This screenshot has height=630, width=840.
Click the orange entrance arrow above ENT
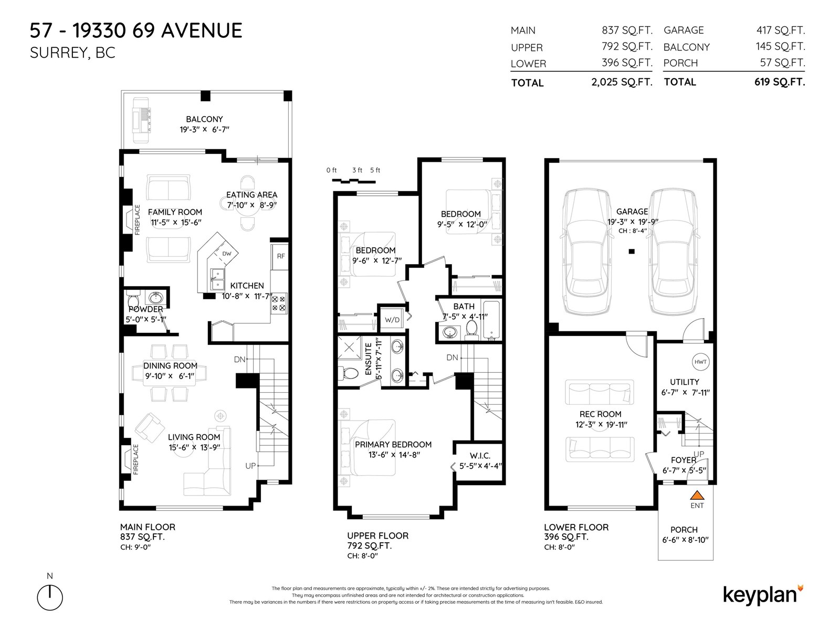(697, 495)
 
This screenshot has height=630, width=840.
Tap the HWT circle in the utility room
(700, 362)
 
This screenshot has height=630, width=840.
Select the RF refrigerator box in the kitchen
(281, 256)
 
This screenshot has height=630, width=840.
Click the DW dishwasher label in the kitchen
(227, 254)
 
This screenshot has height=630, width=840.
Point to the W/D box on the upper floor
(392, 319)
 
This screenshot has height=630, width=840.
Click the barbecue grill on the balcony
(142, 120)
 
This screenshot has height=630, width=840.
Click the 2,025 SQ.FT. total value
(622, 82)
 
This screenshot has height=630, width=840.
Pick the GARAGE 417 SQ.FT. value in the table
(780, 30)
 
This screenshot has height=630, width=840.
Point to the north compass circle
(50, 597)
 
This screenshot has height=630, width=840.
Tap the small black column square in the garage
(632, 251)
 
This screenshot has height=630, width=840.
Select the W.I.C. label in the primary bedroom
(480, 456)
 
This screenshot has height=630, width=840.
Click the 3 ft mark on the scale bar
(357, 170)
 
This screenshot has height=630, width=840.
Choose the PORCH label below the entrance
(684, 530)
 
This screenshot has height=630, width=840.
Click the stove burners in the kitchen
(278, 303)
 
